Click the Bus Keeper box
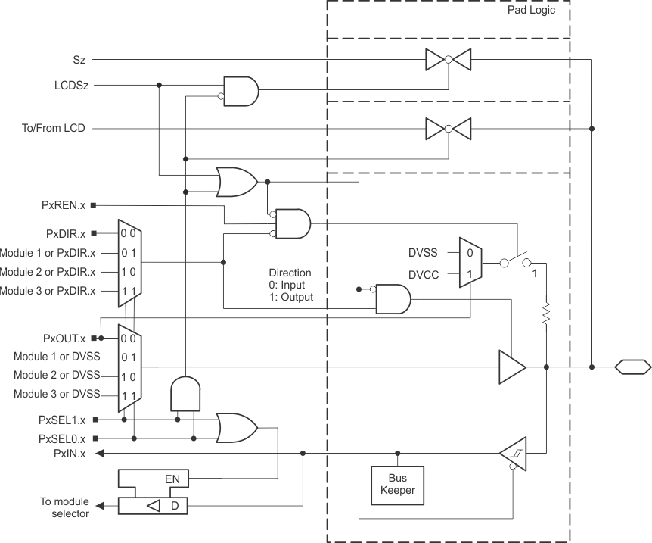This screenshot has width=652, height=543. pos(397,485)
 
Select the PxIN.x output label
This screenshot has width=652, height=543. pos(70,454)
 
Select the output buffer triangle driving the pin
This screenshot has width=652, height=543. pos(511,367)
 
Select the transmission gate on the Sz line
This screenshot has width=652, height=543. pos(448,58)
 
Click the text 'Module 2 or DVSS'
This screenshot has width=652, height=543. pos(57,375)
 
